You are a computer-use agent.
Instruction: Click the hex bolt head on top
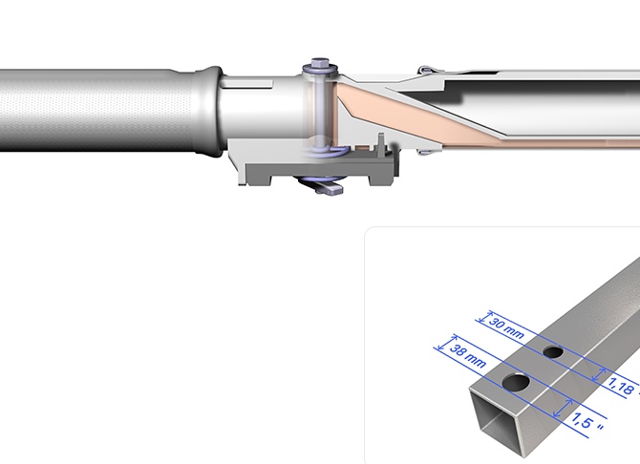320,62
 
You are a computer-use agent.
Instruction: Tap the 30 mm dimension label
506,328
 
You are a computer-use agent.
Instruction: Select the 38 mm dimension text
468,355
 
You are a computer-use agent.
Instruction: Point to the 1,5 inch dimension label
587,421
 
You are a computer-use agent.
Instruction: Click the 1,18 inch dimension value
622,386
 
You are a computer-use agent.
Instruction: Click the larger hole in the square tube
516,383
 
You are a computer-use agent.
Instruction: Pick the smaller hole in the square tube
553,351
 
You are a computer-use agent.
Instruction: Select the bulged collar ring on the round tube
209,111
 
